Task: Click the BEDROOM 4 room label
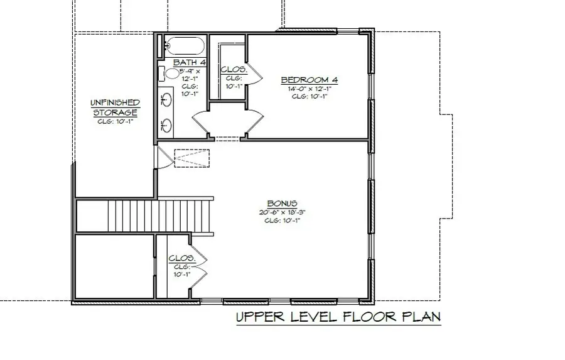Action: click(x=309, y=80)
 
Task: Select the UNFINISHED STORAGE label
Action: click(x=114, y=107)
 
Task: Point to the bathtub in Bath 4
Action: click(x=183, y=46)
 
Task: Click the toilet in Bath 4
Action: click(x=169, y=74)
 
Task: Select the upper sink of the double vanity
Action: click(x=167, y=99)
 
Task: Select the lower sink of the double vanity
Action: click(x=167, y=124)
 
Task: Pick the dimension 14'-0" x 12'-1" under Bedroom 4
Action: click(x=309, y=89)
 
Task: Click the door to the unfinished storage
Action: click(x=162, y=157)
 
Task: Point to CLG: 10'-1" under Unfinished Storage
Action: click(x=114, y=122)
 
